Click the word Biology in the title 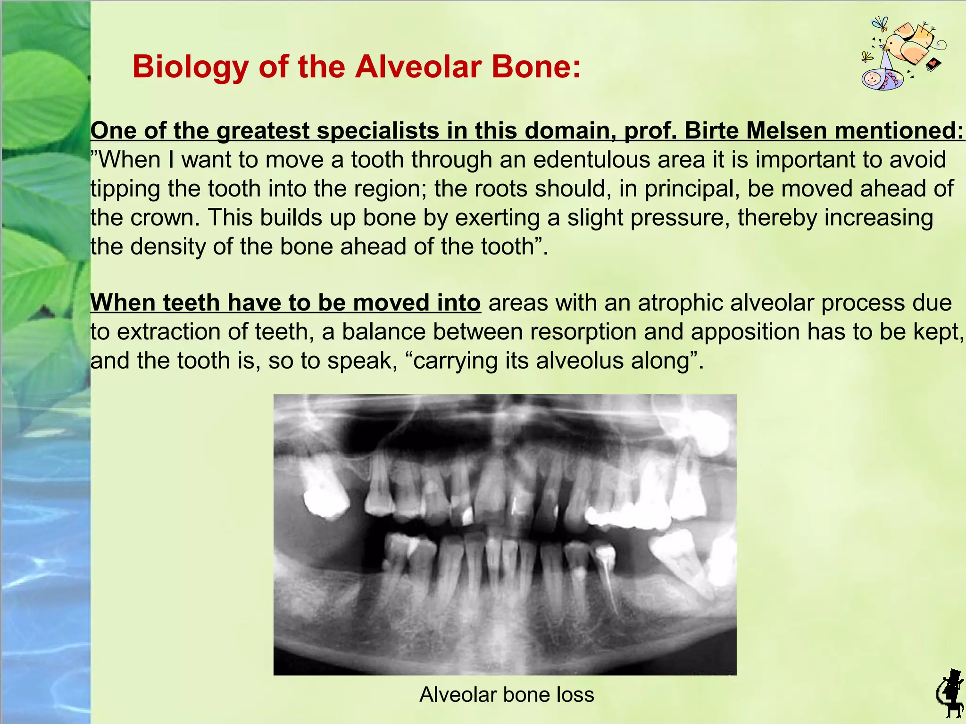click(x=191, y=67)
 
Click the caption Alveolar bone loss click(x=507, y=695)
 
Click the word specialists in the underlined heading click(x=378, y=131)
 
